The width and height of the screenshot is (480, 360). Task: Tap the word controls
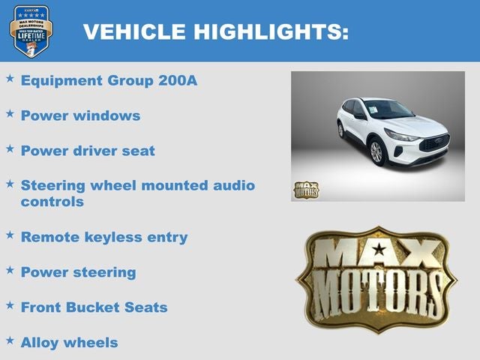(x=52, y=202)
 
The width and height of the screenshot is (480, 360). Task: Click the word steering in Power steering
(x=105, y=272)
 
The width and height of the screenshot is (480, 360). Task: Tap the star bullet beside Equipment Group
(x=10, y=78)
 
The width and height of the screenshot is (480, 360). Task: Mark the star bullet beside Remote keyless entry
(x=10, y=235)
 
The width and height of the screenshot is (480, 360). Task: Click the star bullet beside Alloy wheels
(x=10, y=340)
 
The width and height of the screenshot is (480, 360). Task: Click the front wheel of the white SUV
(x=376, y=151)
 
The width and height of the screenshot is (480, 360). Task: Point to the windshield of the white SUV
(x=387, y=109)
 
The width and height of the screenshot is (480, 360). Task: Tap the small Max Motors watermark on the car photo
(x=306, y=190)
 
